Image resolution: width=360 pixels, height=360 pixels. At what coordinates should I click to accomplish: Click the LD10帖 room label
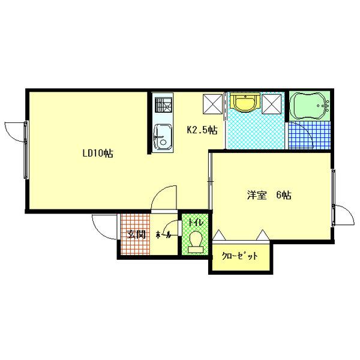[98, 154]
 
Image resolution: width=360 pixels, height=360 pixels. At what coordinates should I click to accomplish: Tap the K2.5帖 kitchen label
[202, 129]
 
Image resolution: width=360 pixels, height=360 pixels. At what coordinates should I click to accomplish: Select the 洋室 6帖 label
[269, 195]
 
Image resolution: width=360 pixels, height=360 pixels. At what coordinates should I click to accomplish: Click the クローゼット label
[240, 256]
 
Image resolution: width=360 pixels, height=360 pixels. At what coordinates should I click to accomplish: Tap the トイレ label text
[195, 223]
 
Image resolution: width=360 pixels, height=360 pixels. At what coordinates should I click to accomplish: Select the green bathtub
[308, 106]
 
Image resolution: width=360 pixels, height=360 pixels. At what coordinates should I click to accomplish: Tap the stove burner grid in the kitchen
[163, 106]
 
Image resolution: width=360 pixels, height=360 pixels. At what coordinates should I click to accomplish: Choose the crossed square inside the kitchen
[213, 104]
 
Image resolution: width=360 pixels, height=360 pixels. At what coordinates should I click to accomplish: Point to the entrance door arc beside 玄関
[104, 227]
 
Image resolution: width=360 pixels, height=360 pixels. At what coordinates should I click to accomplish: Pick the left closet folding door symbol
[218, 235]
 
